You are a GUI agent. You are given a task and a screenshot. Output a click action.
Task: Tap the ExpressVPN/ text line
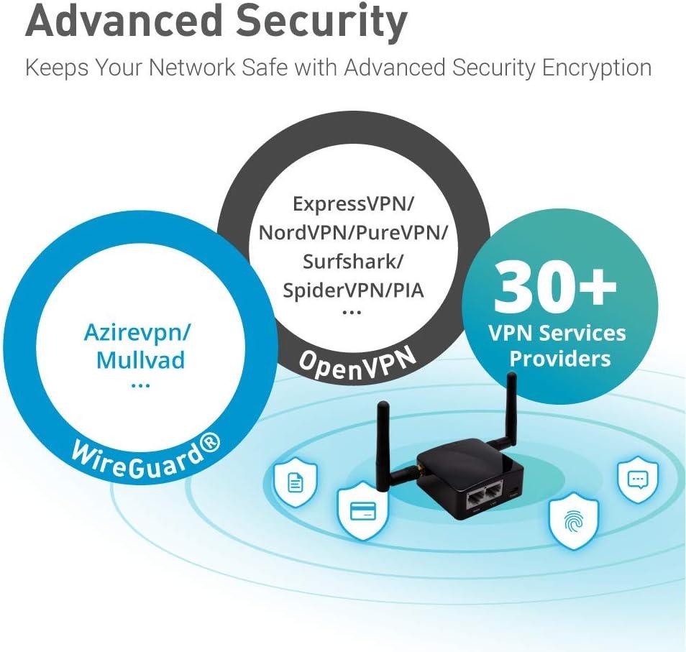[x=353, y=203]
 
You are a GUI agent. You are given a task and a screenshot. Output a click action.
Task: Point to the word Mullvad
[x=140, y=359]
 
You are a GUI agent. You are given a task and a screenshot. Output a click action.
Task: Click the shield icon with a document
[x=295, y=481]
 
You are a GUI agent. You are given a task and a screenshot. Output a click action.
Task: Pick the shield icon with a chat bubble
[x=637, y=479]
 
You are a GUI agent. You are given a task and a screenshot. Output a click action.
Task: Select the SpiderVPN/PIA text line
[x=352, y=290]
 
